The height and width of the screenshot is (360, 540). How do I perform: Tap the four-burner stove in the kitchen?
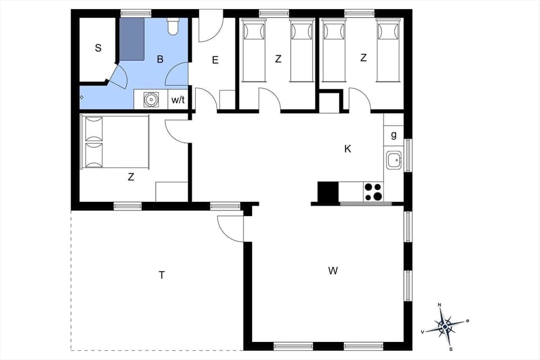373,192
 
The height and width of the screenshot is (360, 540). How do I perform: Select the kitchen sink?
393,160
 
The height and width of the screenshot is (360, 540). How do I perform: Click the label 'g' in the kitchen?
393,135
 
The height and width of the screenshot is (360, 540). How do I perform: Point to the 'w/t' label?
178,100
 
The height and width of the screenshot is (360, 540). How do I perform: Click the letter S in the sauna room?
98,48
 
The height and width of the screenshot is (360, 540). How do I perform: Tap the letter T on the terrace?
161,275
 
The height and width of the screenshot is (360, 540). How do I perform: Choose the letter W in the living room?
333,271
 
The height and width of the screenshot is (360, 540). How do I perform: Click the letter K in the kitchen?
348,149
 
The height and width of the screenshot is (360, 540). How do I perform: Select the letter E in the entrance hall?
215,60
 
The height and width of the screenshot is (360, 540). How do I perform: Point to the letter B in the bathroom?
160,59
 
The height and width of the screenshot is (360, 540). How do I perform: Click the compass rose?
445,326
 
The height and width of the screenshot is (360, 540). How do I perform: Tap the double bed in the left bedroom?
115,142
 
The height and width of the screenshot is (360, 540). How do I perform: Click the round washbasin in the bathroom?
151,100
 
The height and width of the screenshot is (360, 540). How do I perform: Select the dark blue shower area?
131,38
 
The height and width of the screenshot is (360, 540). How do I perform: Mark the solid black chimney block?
328,192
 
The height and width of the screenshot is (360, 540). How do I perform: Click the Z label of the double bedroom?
131,177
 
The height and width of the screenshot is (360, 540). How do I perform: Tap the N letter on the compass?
440,305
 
